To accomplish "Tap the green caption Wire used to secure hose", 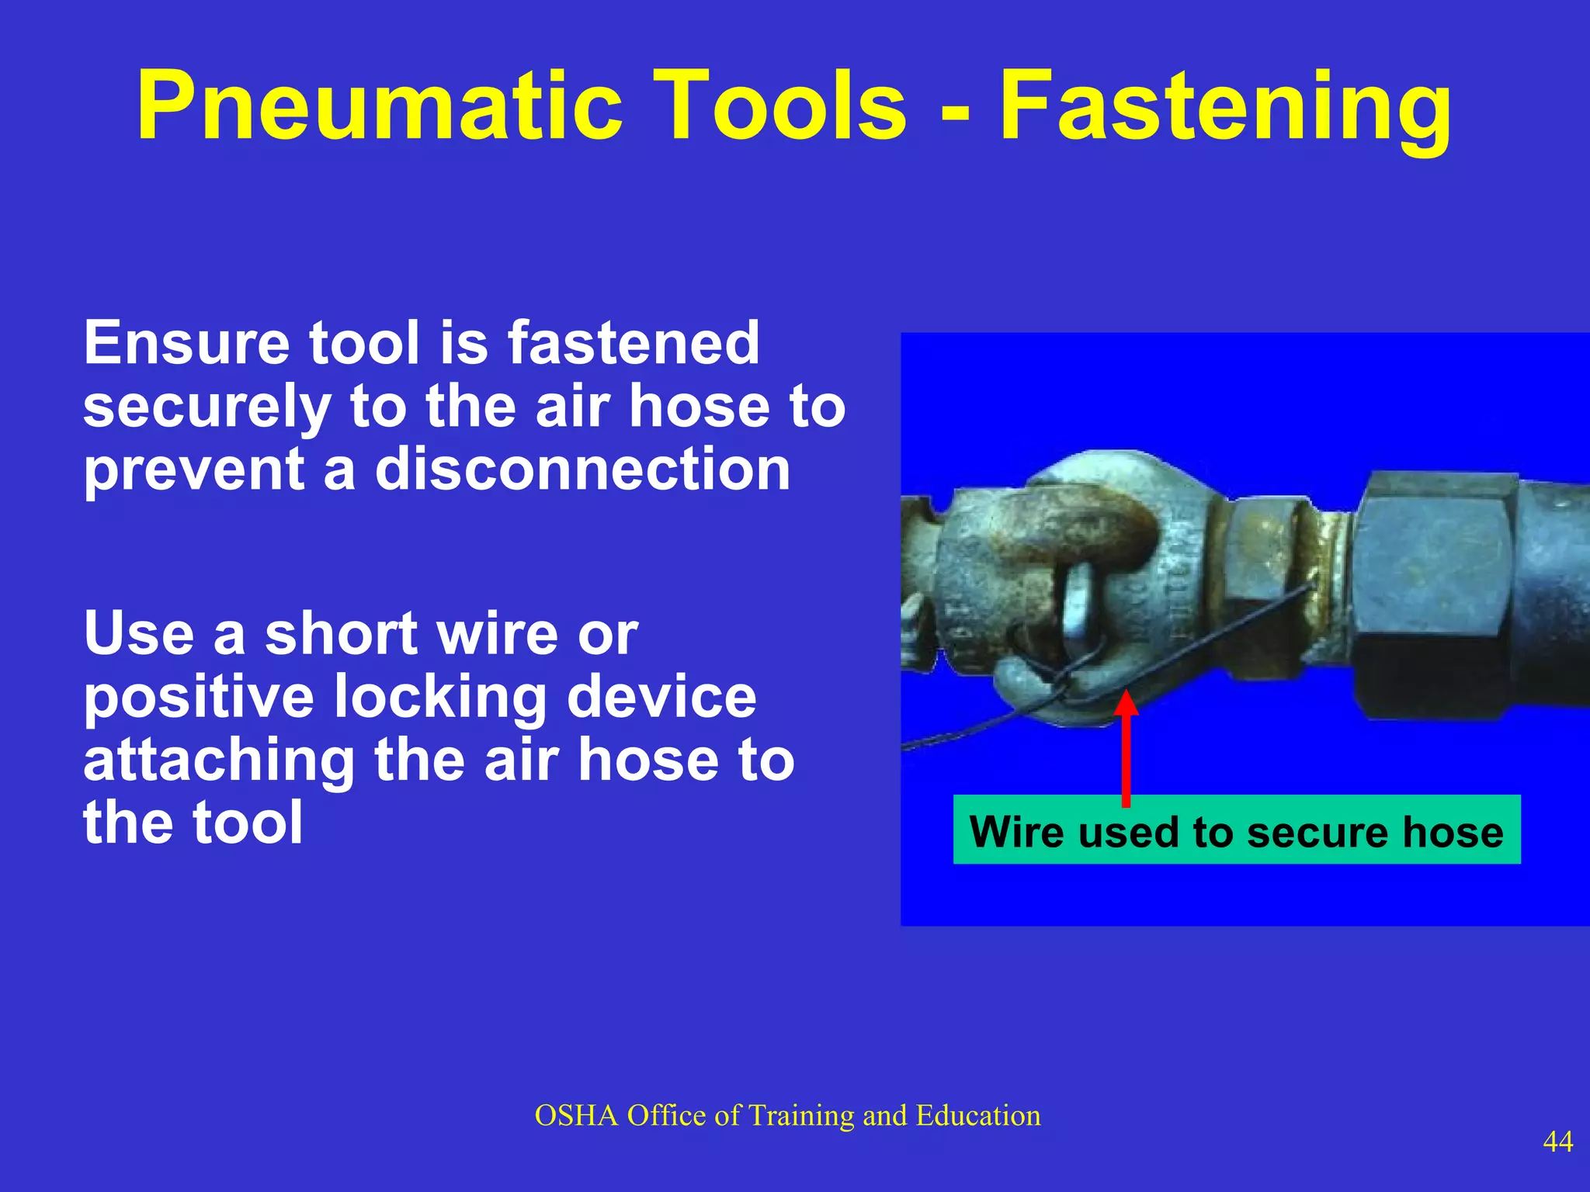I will [1236, 830].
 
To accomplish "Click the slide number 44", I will [1557, 1142].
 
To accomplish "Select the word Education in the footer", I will [977, 1116].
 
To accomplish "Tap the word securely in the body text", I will [207, 407].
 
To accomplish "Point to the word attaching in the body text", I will [217, 761].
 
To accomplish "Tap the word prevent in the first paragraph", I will [194, 470].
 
